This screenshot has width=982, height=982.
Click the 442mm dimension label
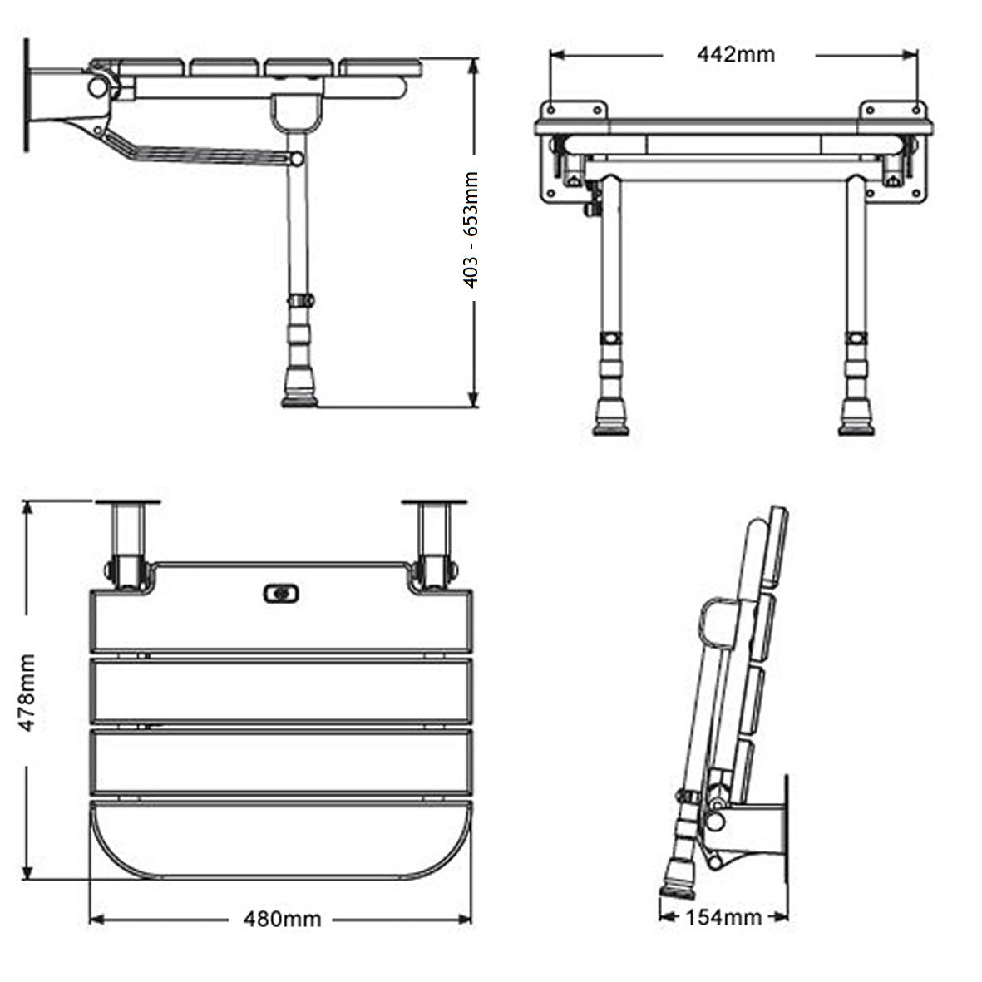[735, 55]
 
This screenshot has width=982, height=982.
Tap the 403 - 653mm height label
[471, 230]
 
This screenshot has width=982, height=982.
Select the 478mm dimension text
[28, 692]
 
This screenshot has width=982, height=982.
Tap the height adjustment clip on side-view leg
[300, 299]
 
